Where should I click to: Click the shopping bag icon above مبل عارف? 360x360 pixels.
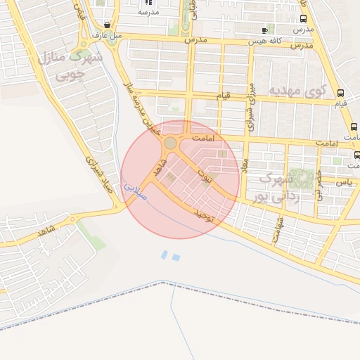coord(106,25)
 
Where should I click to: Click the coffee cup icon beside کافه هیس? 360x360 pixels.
coord(264,30)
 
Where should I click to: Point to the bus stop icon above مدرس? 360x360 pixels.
coord(303,20)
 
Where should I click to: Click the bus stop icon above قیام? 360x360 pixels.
coord(341,93)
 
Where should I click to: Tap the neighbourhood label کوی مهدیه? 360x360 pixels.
coord(298,91)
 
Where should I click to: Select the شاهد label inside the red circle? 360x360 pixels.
coord(159,167)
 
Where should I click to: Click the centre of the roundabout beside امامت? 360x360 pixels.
coord(170,143)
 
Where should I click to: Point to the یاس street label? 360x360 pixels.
coord(343,181)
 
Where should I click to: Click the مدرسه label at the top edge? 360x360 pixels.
coord(148,12)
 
